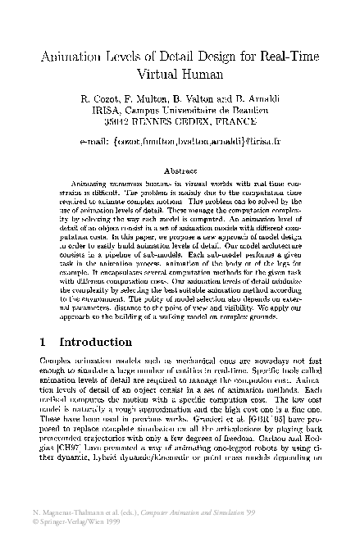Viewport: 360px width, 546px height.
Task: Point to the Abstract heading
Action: [x=181, y=171]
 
